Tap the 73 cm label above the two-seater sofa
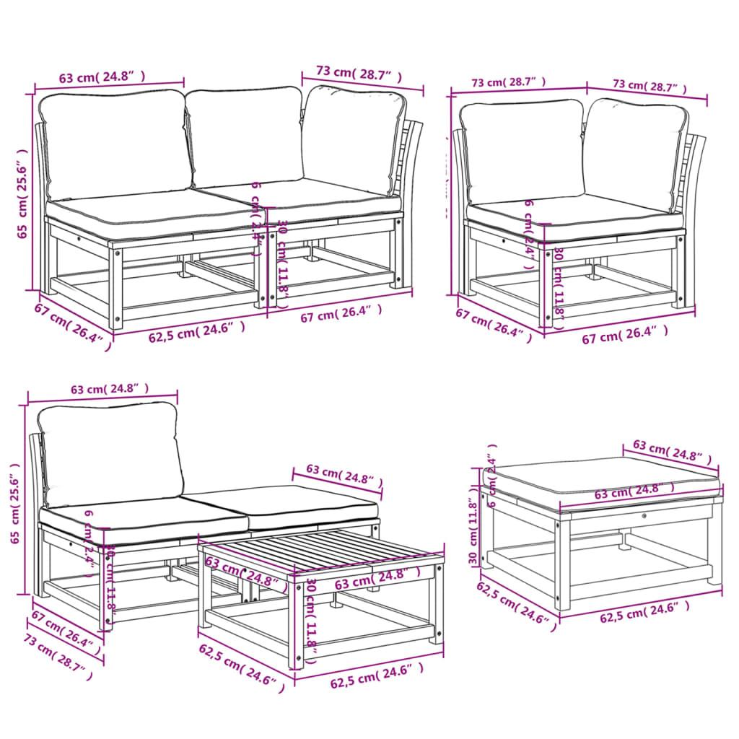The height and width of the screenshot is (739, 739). (x=358, y=73)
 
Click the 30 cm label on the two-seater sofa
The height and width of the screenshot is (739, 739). (x=283, y=260)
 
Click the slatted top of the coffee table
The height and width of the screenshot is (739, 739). (x=318, y=552)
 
